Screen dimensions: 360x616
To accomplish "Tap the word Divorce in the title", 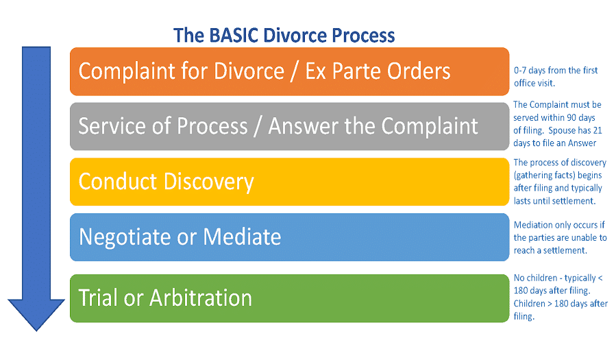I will click(x=293, y=35).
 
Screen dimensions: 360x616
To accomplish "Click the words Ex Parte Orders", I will click(x=378, y=71).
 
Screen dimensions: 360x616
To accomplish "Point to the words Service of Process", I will click(x=163, y=126).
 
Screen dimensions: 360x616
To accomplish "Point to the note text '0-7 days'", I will click(x=529, y=71).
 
